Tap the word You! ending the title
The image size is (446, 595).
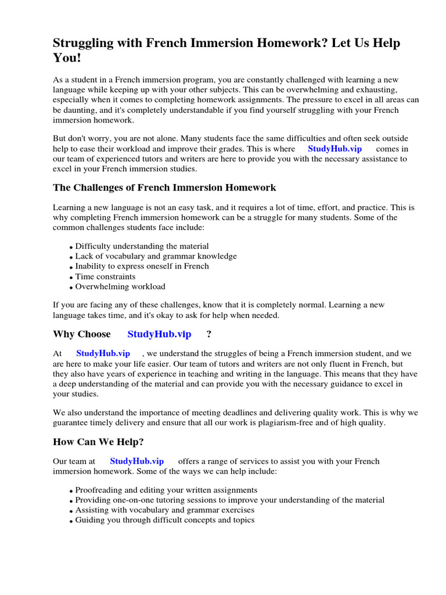tap(69, 60)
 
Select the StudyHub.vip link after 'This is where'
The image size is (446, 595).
tap(334, 149)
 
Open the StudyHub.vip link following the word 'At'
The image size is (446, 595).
tap(103, 353)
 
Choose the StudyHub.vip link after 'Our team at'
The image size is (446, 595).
tap(136, 461)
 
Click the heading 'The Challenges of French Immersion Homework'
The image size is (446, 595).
tap(164, 188)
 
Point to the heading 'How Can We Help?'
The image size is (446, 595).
tap(98, 442)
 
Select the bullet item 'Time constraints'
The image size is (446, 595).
tap(105, 277)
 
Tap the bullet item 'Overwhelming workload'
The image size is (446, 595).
tap(120, 286)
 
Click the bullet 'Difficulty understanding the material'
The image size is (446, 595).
tap(142, 246)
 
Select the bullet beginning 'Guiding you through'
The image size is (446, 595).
tap(165, 520)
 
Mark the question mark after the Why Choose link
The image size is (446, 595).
tap(209, 334)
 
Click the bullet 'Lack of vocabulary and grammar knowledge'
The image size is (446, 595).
tap(156, 256)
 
